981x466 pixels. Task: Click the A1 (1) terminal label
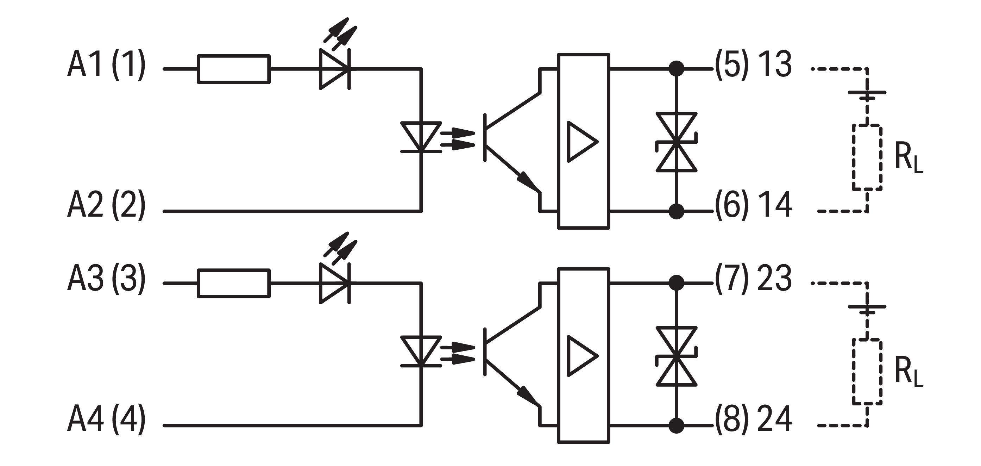point(106,64)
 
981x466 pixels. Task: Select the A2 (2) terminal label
point(106,205)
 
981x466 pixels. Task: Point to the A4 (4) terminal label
point(106,420)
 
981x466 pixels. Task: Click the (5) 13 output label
point(753,64)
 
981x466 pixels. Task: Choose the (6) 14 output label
point(753,205)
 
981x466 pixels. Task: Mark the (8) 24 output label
point(753,420)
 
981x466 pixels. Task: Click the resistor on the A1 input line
point(234,69)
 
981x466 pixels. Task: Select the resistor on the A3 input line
point(234,283)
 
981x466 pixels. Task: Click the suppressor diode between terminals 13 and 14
point(676,142)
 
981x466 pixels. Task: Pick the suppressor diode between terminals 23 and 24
point(676,356)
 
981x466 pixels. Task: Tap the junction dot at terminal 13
point(676,69)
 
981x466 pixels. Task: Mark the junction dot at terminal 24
point(676,425)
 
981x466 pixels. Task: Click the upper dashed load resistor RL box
point(867,157)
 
